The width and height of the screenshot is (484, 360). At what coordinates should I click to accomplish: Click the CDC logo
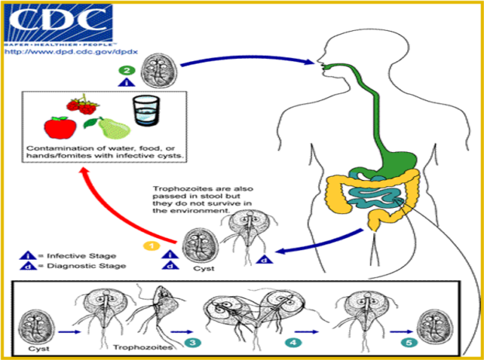tap(59, 24)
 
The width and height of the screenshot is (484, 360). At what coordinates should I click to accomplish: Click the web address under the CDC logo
tap(71, 51)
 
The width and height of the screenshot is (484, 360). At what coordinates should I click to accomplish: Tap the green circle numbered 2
tap(127, 71)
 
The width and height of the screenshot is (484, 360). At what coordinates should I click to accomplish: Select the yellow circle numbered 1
tap(151, 246)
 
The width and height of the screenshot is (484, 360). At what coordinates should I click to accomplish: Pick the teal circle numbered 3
tap(192, 342)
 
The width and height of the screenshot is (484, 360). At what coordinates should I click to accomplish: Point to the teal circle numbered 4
tap(293, 342)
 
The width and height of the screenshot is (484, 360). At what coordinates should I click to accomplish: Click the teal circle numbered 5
tap(409, 342)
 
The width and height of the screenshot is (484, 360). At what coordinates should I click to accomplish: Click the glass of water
tap(146, 110)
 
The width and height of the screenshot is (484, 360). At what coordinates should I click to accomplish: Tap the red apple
tap(60, 127)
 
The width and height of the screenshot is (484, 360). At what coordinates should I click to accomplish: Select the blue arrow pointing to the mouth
tap(247, 60)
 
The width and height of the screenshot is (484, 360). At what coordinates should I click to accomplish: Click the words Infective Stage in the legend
tap(81, 256)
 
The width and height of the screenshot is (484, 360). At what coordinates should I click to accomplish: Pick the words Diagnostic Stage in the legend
tap(86, 266)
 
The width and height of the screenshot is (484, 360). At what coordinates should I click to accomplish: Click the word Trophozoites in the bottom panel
tap(143, 348)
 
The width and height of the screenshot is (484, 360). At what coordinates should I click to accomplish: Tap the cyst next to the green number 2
tap(159, 71)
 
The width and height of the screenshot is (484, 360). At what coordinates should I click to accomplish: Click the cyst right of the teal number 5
tap(435, 327)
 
